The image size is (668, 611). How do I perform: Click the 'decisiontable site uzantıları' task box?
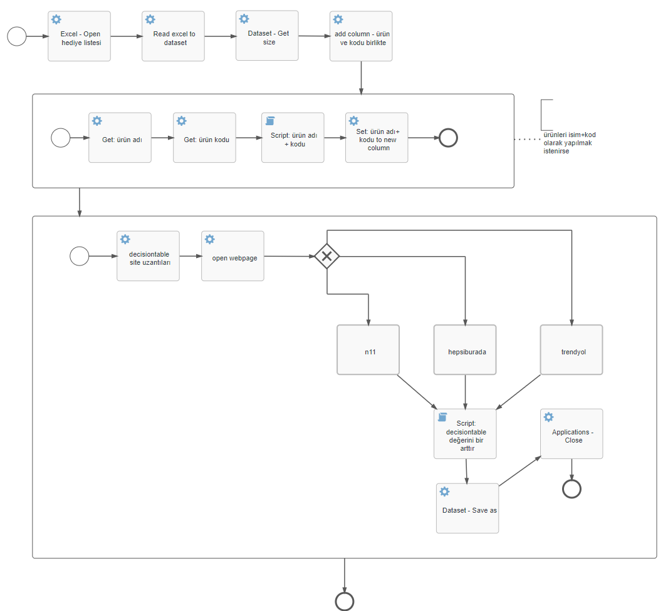coord(148,256)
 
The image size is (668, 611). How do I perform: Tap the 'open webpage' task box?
coord(232,256)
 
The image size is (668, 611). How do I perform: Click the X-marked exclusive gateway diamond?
coord(326,256)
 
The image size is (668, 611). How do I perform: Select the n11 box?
coord(368,350)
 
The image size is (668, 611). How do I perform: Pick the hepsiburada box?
coord(465,350)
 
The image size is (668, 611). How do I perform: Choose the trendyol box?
coord(571,350)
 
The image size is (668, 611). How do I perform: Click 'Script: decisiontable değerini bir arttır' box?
coord(465,434)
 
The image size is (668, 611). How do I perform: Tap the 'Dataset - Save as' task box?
coord(467,508)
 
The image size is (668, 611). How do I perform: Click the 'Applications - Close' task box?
coord(571,434)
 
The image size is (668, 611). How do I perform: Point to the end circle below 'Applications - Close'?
coord(571,488)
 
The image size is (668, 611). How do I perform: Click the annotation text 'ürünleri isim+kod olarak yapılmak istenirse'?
coord(569,143)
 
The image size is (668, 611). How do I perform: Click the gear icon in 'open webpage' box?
coord(210,239)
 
